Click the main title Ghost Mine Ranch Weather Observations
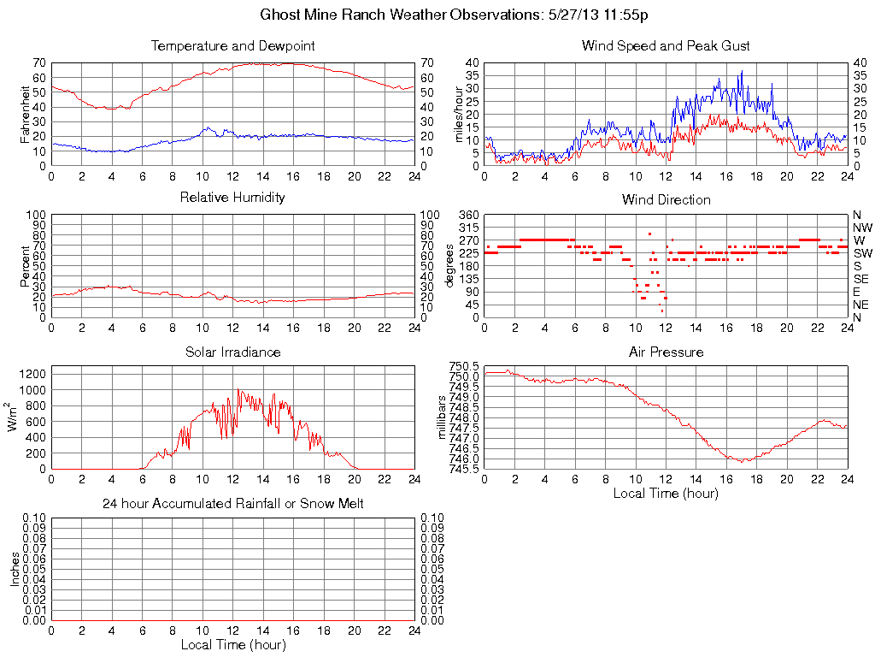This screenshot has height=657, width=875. point(454,15)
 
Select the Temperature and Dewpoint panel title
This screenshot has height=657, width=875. point(232,45)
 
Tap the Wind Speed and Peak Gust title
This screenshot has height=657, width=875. point(666,45)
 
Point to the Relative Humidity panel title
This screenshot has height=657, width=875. point(232,198)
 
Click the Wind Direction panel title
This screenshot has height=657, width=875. point(666,199)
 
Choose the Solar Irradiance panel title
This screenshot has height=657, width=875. point(232,352)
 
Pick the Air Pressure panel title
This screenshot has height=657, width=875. point(666,352)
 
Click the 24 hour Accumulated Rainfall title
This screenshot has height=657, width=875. point(232,504)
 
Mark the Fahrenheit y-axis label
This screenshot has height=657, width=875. point(25,114)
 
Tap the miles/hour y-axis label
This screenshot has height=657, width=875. point(459,114)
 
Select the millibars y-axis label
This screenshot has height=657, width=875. point(443,416)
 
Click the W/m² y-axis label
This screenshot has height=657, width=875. point(15,418)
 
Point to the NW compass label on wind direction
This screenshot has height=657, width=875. point(862,228)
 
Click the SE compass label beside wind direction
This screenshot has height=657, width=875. point(861,279)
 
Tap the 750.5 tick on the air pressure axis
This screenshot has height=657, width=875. point(466,365)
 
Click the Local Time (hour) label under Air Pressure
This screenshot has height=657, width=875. point(666,493)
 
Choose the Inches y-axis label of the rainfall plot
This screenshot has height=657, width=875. point(15,569)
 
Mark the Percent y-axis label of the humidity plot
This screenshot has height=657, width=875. point(25,266)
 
